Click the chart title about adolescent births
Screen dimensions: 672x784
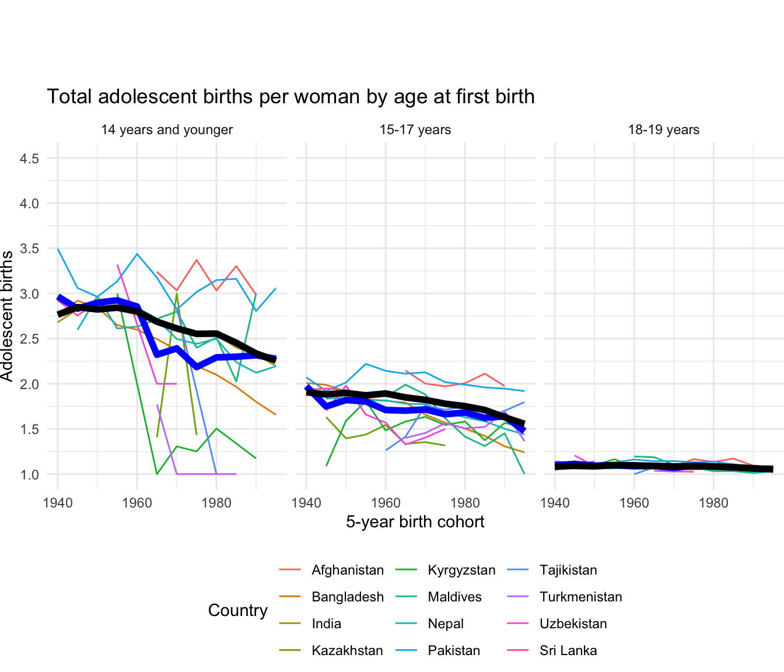pyautogui.click(x=290, y=97)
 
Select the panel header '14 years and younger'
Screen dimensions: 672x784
pyautogui.click(x=167, y=130)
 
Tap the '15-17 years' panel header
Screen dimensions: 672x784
pyautogui.click(x=415, y=130)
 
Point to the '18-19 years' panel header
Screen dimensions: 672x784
pyautogui.click(x=664, y=130)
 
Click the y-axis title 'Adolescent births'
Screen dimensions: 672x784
pyautogui.click(x=7, y=316)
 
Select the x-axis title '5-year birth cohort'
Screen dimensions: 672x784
pyautogui.click(x=415, y=521)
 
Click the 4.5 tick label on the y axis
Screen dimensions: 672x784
pyautogui.click(x=30, y=159)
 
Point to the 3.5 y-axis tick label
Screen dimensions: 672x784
pyautogui.click(x=30, y=249)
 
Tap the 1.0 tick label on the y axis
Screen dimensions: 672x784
pyautogui.click(x=30, y=475)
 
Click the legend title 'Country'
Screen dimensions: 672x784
pyautogui.click(x=238, y=611)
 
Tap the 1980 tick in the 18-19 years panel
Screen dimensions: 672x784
pyautogui.click(x=713, y=503)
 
